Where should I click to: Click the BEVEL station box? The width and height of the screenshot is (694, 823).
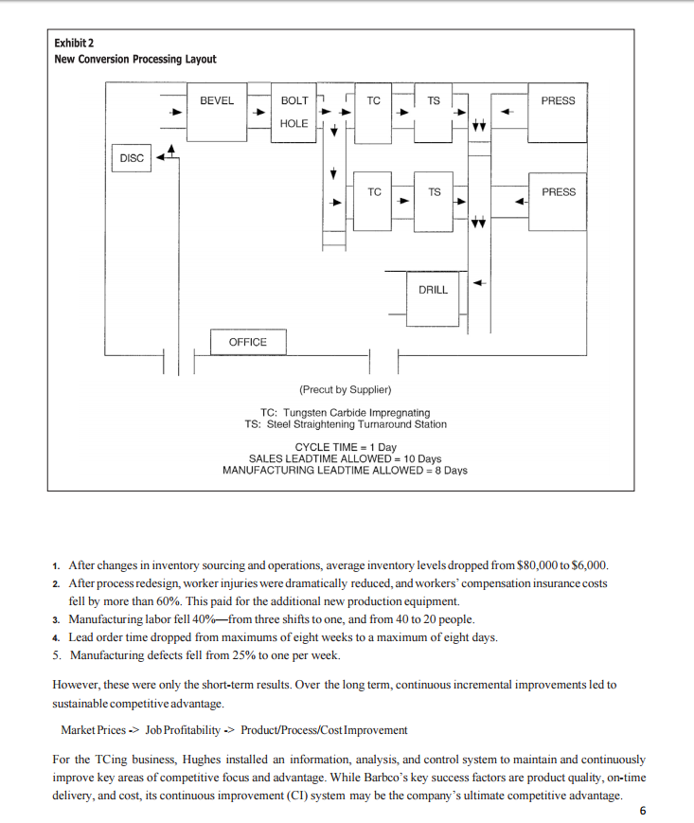click(217, 114)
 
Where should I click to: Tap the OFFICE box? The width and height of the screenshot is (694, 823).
click(247, 342)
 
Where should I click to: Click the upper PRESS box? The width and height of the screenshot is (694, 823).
click(558, 114)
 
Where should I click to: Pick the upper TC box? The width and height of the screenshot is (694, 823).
click(374, 114)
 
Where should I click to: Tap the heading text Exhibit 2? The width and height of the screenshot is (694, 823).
click(75, 44)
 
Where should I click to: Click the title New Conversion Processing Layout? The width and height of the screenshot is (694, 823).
click(135, 60)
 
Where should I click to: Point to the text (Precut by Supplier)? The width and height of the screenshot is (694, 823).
click(345, 389)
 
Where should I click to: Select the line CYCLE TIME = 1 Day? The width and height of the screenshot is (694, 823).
click(346, 446)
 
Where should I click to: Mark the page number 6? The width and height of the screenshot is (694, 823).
click(644, 811)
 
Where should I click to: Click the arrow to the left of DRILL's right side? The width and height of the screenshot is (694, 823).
click(480, 282)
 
